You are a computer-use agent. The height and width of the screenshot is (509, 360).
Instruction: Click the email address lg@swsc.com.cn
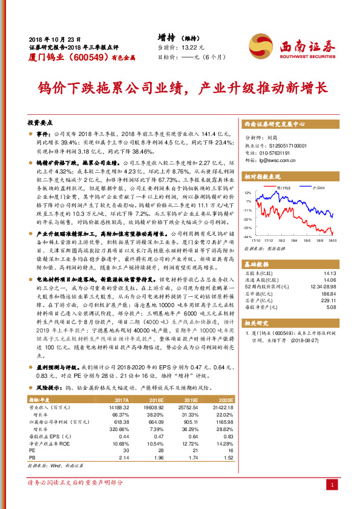pos(275,161)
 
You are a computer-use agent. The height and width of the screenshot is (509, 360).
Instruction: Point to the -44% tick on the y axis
pos(247,238)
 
